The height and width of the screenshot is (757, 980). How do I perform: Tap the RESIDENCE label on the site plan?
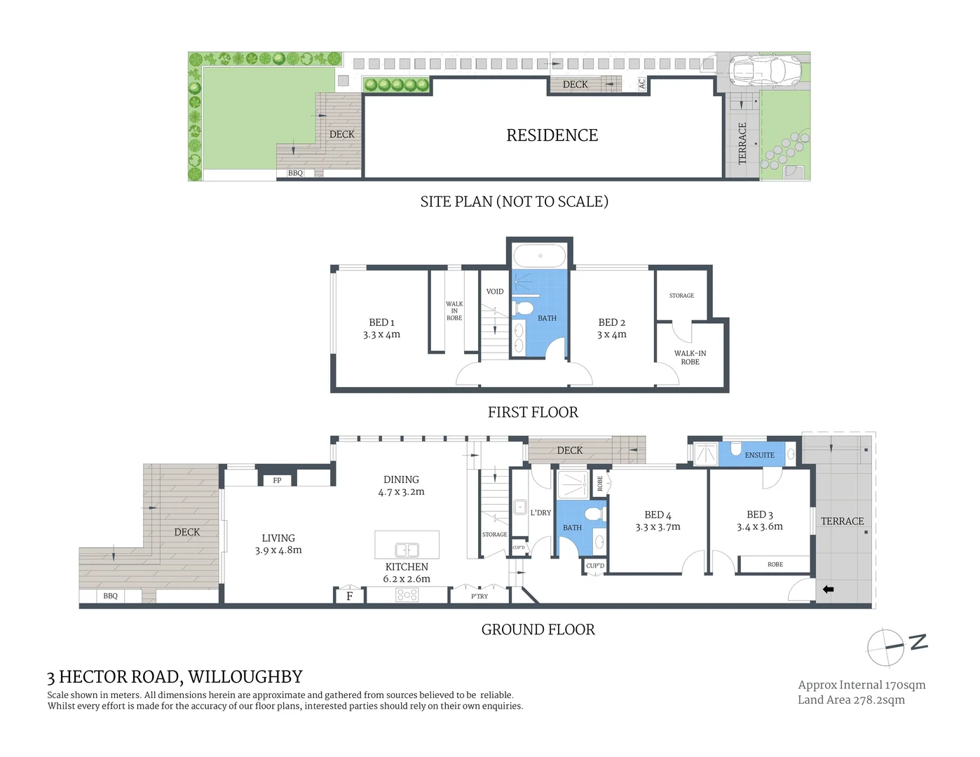pos(552,135)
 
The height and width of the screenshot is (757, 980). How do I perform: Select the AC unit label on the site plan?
pos(641,83)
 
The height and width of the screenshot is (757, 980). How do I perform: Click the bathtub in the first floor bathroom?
pos(539,256)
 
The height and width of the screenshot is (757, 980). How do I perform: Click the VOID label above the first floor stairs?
pos(495,292)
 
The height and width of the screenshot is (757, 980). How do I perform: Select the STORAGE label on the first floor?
pos(681,296)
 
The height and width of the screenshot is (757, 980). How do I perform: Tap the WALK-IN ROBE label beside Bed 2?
pos(690,357)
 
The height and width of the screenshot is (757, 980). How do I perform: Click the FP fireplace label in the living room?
pos(277,480)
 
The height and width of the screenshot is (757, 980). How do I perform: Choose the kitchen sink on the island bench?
pos(407,550)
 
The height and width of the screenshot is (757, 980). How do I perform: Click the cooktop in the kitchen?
pos(407,595)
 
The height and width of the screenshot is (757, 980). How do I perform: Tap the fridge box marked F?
pos(349,596)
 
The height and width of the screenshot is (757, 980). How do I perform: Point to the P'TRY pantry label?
pos(479,596)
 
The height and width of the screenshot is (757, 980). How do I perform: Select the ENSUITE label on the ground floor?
pos(759,455)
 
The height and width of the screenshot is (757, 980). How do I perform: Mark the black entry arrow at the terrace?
pos(828,589)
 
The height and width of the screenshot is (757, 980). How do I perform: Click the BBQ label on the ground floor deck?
pos(110,596)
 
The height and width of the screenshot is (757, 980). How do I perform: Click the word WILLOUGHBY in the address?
pos(245,677)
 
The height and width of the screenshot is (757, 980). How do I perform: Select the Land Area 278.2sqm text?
pos(851,700)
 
